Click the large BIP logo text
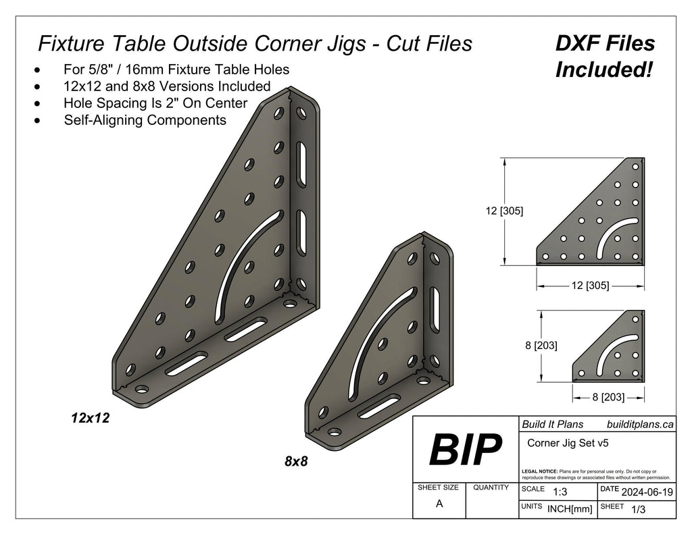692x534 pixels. [466, 450]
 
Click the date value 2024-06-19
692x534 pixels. [647, 492]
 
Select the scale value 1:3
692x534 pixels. [560, 492]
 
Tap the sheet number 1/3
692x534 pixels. [637, 510]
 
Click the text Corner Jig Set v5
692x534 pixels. [564, 444]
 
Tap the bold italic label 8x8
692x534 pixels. [296, 462]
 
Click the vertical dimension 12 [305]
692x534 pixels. [503, 211]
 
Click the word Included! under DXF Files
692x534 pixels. [603, 70]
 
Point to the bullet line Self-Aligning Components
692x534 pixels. [145, 120]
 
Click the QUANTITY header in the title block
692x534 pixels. [491, 487]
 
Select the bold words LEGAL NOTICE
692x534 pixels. [539, 471]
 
